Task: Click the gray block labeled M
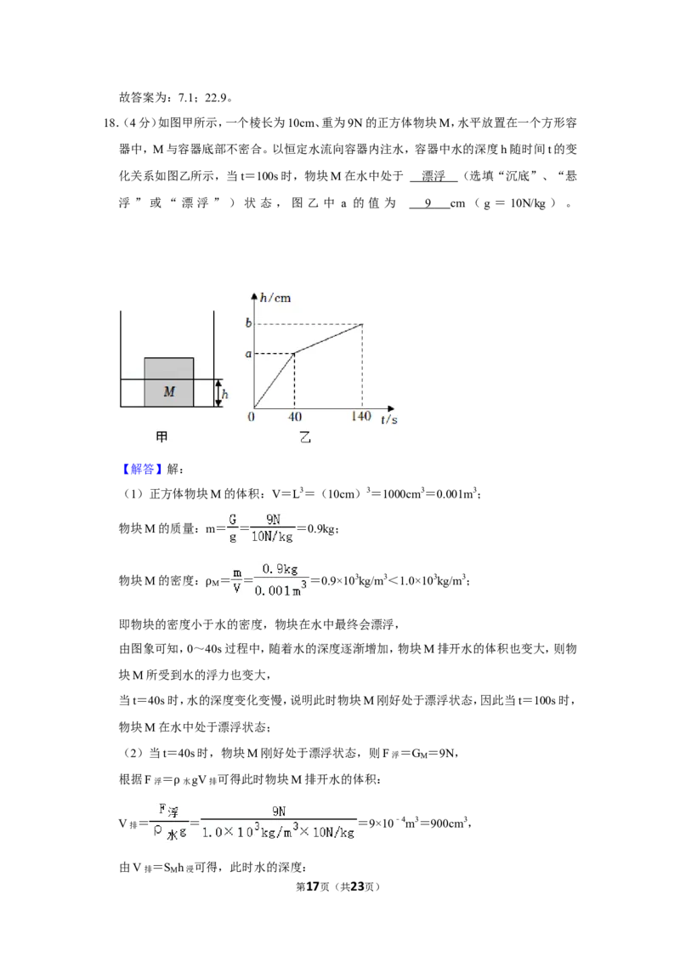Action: [x=169, y=382]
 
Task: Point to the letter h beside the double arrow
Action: [x=225, y=394]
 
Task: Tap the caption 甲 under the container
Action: [x=161, y=436]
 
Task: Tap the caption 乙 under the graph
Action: [x=305, y=437]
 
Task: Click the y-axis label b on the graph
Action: [x=248, y=323]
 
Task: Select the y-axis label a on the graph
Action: [x=248, y=354]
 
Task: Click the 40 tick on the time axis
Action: [x=295, y=417]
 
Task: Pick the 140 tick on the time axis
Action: [x=361, y=416]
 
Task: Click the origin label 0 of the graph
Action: [x=251, y=417]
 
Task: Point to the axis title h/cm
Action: [x=275, y=299]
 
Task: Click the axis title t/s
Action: [x=389, y=419]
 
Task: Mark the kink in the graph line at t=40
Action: [x=295, y=353]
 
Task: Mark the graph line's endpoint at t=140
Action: [x=362, y=323]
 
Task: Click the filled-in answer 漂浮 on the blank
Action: [x=433, y=176]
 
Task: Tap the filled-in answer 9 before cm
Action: [x=428, y=203]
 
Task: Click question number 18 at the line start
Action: [x=110, y=123]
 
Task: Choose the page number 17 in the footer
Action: [x=313, y=886]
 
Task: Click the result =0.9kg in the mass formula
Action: [x=317, y=529]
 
